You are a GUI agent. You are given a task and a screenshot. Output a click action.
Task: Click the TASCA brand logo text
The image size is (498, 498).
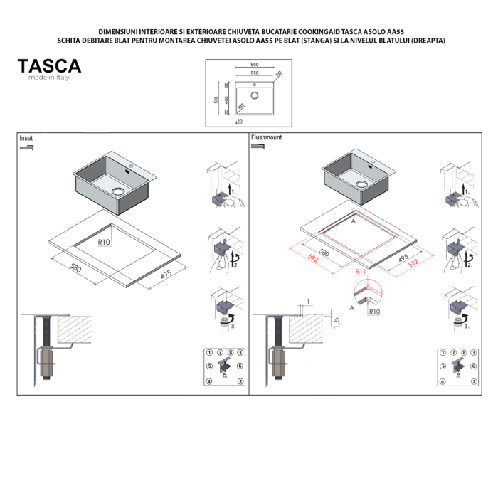[x=49, y=66]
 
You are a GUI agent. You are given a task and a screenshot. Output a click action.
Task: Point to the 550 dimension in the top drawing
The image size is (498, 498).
[x=254, y=73]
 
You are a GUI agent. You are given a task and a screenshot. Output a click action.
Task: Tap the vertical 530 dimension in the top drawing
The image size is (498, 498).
[x=216, y=100]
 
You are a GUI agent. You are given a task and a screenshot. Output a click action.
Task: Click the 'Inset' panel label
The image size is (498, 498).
[x=26, y=138]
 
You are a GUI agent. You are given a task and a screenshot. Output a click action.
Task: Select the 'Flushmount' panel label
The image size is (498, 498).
[x=265, y=137]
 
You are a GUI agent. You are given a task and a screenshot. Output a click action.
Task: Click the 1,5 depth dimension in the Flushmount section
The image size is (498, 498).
[x=337, y=320]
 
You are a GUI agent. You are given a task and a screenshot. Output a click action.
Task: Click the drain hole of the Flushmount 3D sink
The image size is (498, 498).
[x=361, y=182]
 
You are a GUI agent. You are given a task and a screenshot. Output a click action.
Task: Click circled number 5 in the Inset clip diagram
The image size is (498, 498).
[x=209, y=366]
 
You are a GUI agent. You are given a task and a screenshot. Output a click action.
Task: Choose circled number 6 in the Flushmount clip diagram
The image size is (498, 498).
[x=472, y=366]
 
